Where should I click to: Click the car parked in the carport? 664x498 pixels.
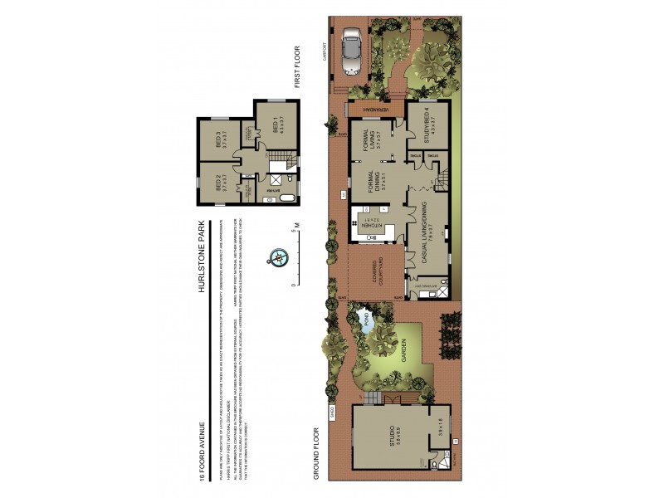(x=352, y=51)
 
